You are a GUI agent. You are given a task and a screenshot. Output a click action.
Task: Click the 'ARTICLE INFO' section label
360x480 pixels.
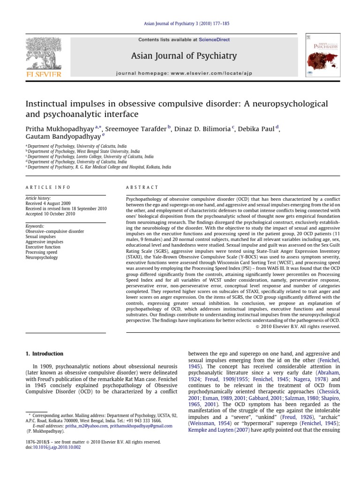click(x=48, y=187)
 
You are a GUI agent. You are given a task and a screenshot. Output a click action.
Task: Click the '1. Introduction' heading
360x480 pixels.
click(x=45, y=353)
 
